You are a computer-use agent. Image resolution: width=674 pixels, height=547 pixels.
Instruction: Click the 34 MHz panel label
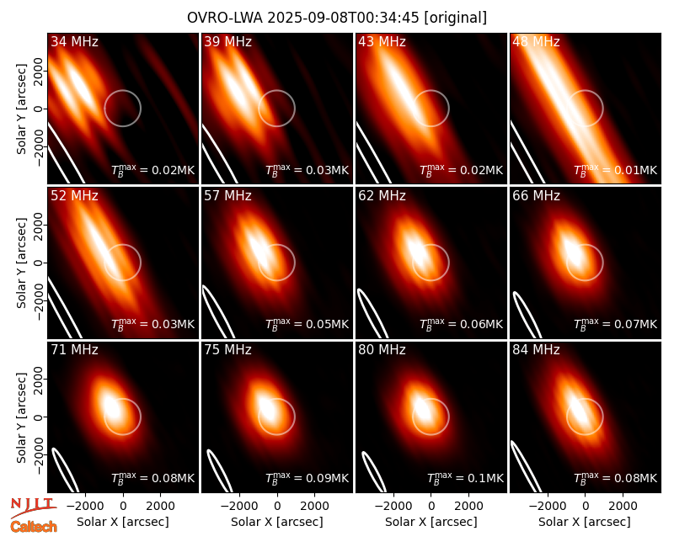pyautogui.click(x=74, y=41)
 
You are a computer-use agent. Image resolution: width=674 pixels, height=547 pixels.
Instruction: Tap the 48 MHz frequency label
pyautogui.click(x=536, y=41)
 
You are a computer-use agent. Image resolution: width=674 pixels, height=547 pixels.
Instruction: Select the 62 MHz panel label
pyautogui.click(x=382, y=196)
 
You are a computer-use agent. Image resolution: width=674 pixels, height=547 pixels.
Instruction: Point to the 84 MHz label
pyautogui.click(x=536, y=350)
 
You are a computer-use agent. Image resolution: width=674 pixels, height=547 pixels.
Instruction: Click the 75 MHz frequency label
pyautogui.click(x=227, y=350)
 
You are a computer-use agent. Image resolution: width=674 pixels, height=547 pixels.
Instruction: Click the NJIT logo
pyautogui.click(x=33, y=507)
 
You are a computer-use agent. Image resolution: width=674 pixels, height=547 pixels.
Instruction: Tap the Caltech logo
pyautogui.click(x=34, y=527)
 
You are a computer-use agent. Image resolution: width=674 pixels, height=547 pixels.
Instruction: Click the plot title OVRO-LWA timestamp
pyautogui.click(x=337, y=18)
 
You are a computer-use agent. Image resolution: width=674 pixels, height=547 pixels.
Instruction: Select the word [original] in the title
pyautogui.click(x=455, y=18)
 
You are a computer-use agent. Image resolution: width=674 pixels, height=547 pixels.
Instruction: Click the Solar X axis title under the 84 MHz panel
pyautogui.click(x=585, y=522)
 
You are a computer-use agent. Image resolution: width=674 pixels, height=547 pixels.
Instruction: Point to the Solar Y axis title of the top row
pyautogui.click(x=21, y=109)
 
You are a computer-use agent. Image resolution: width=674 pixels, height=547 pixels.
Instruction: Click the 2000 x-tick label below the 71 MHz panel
pyautogui.click(x=160, y=506)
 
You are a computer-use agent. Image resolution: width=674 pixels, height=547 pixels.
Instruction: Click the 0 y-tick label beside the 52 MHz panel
pyautogui.click(x=39, y=263)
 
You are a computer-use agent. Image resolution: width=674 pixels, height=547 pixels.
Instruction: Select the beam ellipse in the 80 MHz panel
pyautogui.click(x=373, y=472)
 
